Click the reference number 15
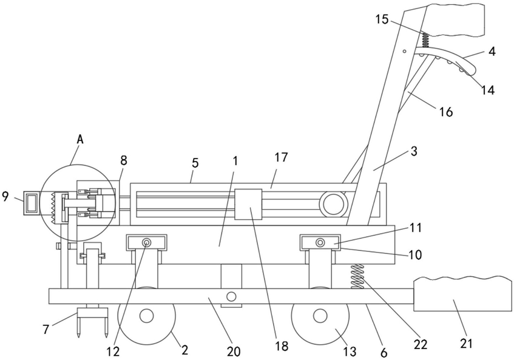pos(382,19)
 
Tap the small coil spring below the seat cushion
pos(425,40)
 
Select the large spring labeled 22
pos(357,276)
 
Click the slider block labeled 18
pos(248,204)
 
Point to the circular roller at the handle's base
pos(333,204)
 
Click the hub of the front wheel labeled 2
pos(146,316)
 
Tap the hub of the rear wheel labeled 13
pos(320,316)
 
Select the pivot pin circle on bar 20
pos(231,297)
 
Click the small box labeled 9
pos(32,203)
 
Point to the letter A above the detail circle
pos(80,140)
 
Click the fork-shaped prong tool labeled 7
pos(92,322)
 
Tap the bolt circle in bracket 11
pos(320,243)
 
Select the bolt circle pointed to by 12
pos(146,243)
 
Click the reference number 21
pos(466,343)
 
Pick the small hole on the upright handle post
pos(405,51)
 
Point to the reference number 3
pos(414,152)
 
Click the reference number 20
pos(233,352)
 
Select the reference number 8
pos(124,161)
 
